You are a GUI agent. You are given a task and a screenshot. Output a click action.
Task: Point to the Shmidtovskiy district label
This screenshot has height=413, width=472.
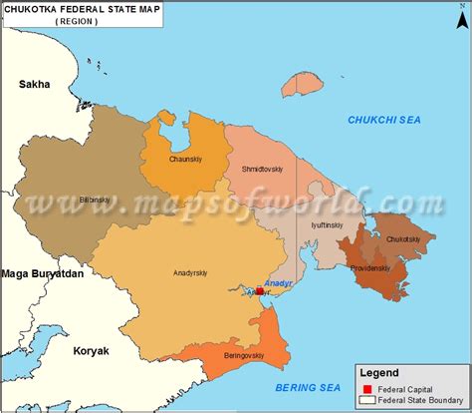[263, 170]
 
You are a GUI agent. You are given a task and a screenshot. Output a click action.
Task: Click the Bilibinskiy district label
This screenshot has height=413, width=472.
[95, 200]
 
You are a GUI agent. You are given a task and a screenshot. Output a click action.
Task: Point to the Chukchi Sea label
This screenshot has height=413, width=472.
[384, 120]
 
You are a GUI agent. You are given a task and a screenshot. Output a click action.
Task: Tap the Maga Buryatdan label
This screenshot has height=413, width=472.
[42, 272]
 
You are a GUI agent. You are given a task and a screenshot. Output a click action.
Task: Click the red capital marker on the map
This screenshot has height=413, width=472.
[259, 291]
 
